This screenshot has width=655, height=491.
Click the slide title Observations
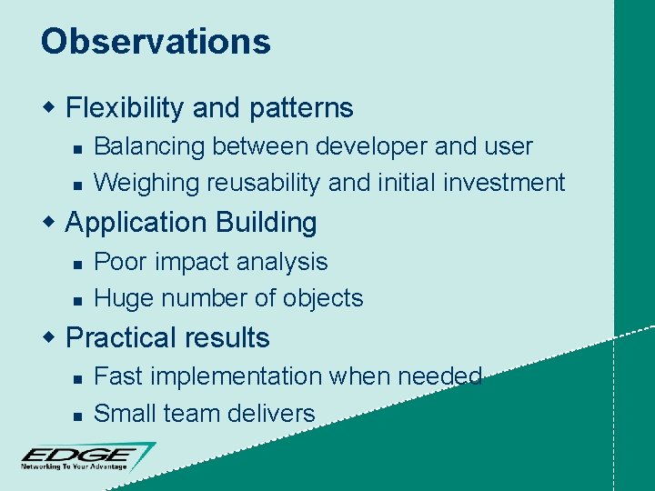(x=156, y=42)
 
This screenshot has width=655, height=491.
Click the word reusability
(x=263, y=183)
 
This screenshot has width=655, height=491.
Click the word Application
(x=136, y=223)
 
